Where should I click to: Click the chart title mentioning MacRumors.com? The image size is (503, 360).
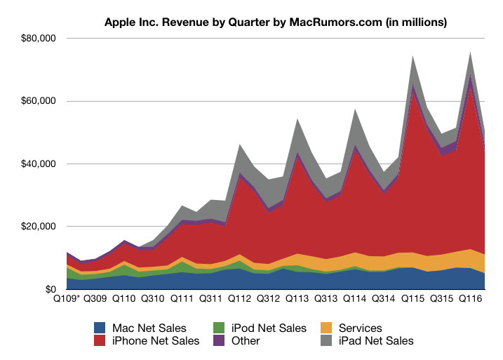275,22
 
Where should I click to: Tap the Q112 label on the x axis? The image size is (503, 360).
239,299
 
